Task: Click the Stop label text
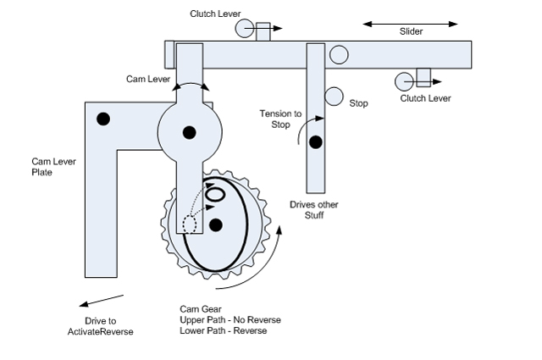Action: [x=359, y=103]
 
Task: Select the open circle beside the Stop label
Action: [x=334, y=97]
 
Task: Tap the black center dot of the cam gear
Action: [x=216, y=224]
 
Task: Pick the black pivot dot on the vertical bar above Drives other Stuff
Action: [x=316, y=141]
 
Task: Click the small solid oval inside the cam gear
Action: [x=216, y=194]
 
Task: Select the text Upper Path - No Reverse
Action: [x=230, y=319]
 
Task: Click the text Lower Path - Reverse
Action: [x=223, y=330]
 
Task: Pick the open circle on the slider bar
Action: [x=339, y=56]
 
